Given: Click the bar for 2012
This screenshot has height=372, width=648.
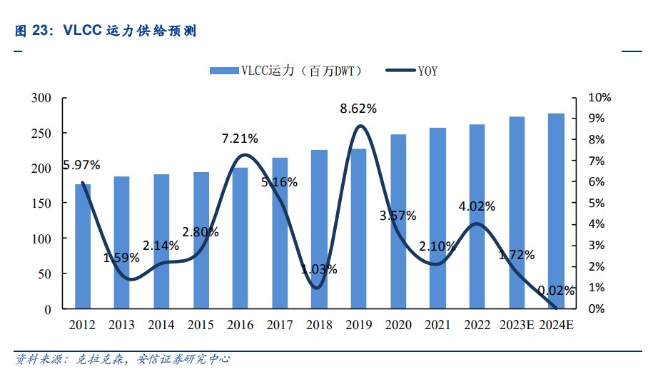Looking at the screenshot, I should (83, 246).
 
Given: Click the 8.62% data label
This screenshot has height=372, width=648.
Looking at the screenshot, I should (358, 109).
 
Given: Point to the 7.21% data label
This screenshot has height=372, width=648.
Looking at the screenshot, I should (240, 138).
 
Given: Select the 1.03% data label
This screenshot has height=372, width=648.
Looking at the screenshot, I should (320, 269).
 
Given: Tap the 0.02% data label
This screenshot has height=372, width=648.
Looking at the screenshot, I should (556, 290).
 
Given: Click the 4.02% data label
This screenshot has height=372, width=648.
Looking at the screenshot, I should (477, 206).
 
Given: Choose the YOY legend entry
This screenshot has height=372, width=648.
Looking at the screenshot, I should (412, 71).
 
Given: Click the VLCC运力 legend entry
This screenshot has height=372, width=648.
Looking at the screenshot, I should (286, 71).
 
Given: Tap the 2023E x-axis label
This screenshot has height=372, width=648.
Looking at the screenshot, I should (517, 326).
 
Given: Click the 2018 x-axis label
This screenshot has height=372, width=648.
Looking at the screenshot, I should (320, 326).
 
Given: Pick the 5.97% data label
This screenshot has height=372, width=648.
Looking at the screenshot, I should (81, 166).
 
